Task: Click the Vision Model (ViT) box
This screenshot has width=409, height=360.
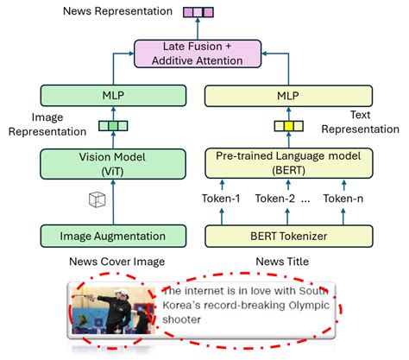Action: click(112, 163)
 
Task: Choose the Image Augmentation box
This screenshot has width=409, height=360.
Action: click(112, 236)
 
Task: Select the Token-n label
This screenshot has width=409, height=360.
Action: click(343, 199)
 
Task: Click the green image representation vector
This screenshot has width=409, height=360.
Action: click(112, 126)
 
